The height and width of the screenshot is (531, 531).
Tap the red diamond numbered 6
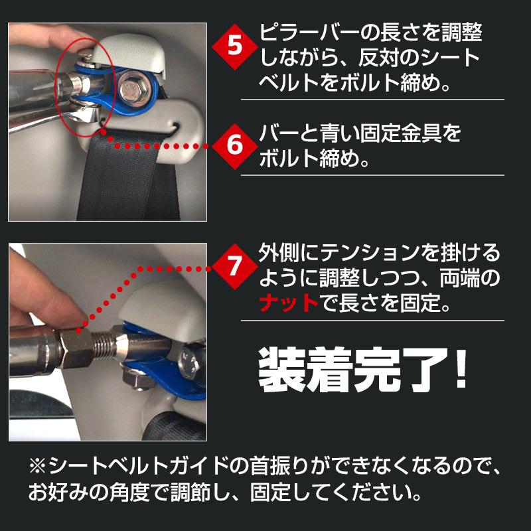(234, 145)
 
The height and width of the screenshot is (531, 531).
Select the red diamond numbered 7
(234, 268)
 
